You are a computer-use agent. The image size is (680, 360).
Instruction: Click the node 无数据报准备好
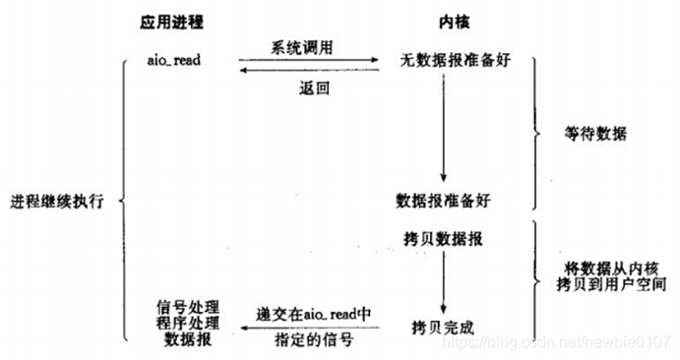tap(442, 62)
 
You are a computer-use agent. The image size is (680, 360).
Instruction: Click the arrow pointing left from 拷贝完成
tap(315, 327)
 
